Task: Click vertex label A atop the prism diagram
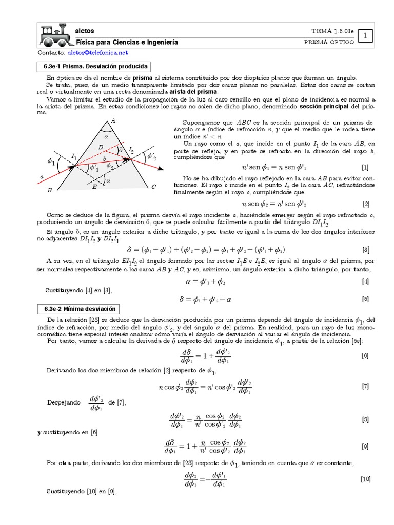pyautogui.click(x=113, y=119)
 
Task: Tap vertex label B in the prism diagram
pyautogui.click(x=49, y=190)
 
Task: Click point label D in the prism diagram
pyautogui.click(x=101, y=148)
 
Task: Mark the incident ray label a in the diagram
pyautogui.click(x=42, y=177)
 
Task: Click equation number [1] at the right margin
pyautogui.click(x=365, y=168)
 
